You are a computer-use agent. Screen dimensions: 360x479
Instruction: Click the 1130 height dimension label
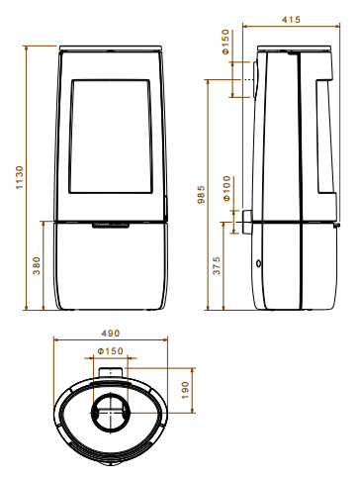(20, 177)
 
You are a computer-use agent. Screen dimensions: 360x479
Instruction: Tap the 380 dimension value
(37, 265)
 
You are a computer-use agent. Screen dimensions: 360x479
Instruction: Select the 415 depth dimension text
(291, 20)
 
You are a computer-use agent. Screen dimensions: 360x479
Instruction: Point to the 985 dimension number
(201, 195)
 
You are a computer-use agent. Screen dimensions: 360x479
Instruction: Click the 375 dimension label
(217, 265)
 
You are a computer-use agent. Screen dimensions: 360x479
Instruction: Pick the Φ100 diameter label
(226, 189)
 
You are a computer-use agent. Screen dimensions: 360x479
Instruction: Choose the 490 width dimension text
(111, 334)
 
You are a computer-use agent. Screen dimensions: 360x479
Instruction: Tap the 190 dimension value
(185, 390)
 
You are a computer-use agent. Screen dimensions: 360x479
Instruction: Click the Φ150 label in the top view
(111, 351)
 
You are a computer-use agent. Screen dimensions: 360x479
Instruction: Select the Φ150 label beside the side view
(225, 42)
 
